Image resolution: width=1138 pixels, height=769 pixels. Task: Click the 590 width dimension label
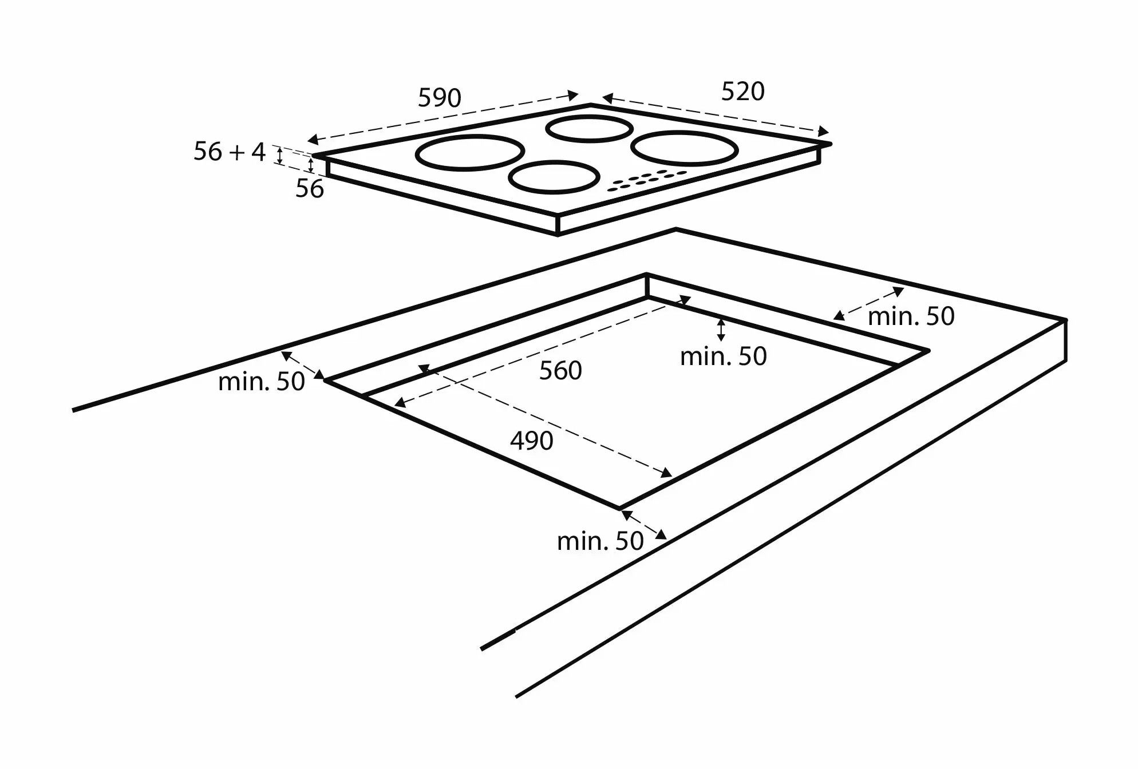tap(439, 98)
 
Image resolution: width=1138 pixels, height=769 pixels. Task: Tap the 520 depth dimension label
tap(742, 92)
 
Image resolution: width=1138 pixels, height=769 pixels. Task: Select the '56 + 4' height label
tap(230, 152)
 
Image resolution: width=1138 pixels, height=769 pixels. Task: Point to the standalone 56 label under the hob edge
tap(309, 189)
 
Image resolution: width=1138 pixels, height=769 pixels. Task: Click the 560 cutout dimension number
tap(560, 371)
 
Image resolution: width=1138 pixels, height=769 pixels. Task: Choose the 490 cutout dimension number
tap(531, 441)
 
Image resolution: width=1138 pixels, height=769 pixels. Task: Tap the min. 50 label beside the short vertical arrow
tap(723, 356)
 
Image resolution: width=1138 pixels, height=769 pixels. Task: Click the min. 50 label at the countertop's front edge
tap(600, 541)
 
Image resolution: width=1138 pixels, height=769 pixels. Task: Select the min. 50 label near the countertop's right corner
tap(911, 316)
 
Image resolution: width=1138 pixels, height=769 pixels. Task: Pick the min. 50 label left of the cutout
tap(261, 382)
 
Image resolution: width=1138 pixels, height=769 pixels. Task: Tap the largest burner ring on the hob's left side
tap(469, 153)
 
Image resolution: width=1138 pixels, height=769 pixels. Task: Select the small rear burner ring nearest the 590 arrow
tap(589, 128)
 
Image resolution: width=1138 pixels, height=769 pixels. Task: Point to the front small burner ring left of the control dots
tap(554, 177)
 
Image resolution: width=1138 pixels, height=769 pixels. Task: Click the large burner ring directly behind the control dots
tap(684, 148)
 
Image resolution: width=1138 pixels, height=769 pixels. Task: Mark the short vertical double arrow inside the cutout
tap(721, 330)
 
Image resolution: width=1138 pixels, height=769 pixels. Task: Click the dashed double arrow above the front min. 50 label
tap(644, 525)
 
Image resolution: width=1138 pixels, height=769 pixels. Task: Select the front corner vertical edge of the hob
tap(558, 225)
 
